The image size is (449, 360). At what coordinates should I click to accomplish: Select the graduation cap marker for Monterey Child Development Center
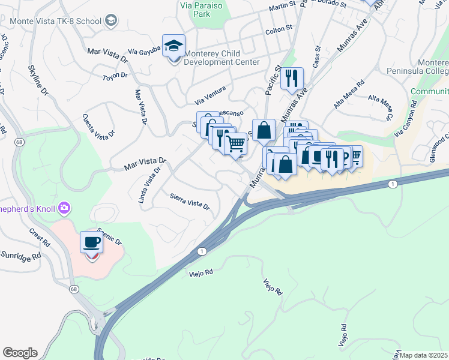tap(173, 46)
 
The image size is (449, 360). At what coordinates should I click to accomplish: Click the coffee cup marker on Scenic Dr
tap(91, 242)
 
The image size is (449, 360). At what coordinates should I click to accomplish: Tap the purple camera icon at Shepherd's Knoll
tap(64, 209)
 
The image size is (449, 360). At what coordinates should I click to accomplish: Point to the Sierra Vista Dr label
tap(189, 201)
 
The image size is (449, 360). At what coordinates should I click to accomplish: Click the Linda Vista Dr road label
tap(151, 185)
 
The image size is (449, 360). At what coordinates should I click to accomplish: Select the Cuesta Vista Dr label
tap(99, 125)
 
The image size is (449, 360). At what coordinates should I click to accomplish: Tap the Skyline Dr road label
tap(34, 83)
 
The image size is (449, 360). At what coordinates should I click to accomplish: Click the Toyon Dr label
tap(115, 76)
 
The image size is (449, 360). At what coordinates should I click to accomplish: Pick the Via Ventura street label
tap(209, 92)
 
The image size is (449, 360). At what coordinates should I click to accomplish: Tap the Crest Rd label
tap(40, 238)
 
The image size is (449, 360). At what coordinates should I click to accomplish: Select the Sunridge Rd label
tap(20, 255)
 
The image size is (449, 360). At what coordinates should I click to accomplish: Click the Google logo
tap(19, 353)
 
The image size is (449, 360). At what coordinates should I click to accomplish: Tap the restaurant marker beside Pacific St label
tap(292, 79)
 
